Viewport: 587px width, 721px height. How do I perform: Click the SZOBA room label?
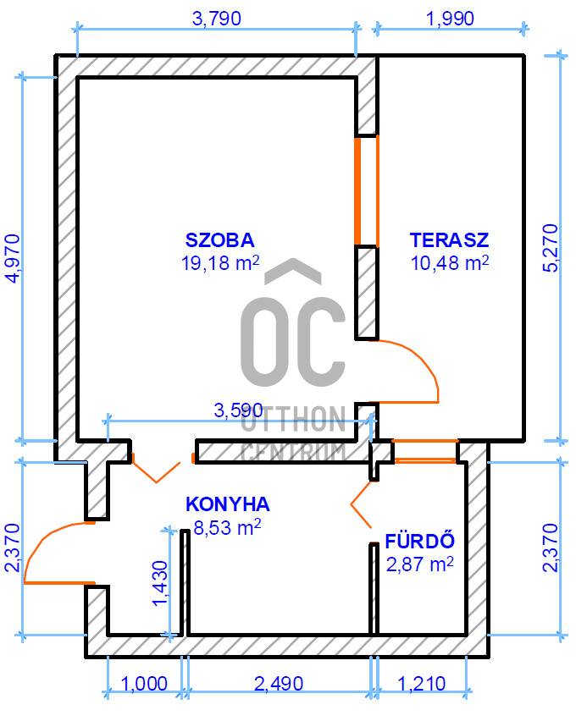(x=219, y=240)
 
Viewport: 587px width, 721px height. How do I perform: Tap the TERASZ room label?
(x=449, y=240)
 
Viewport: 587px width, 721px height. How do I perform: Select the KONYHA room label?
(x=228, y=504)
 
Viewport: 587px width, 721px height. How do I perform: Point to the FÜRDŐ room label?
(x=419, y=541)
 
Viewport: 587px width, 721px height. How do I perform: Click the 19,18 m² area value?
(x=220, y=263)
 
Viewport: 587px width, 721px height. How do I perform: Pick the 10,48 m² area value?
(x=449, y=263)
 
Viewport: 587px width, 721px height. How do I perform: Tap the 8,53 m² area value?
(x=228, y=527)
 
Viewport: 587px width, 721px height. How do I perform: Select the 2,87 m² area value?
(x=420, y=564)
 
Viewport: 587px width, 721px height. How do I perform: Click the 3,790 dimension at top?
(x=216, y=19)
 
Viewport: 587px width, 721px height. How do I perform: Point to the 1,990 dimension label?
(x=450, y=19)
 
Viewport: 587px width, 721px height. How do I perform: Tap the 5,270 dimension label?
(x=551, y=248)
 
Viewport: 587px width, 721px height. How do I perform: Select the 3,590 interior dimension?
(x=239, y=410)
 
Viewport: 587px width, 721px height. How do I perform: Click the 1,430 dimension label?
(x=161, y=584)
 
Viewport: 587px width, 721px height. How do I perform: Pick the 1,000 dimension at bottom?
(x=144, y=684)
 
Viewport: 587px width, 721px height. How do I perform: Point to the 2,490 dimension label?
(x=279, y=684)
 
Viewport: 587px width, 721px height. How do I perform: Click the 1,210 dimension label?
(x=421, y=684)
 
